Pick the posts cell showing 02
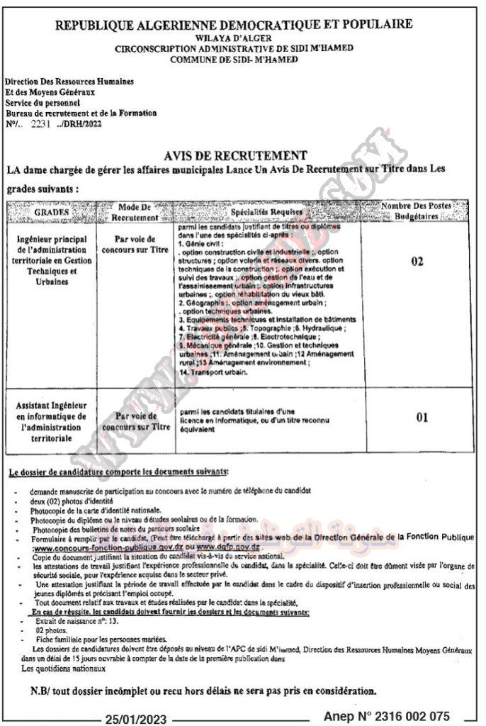pos(417,262)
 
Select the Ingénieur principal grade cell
pos(54,260)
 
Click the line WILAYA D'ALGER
pos(234,37)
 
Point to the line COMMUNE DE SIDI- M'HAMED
pos(234,60)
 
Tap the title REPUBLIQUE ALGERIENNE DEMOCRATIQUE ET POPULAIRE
pos(234,24)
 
